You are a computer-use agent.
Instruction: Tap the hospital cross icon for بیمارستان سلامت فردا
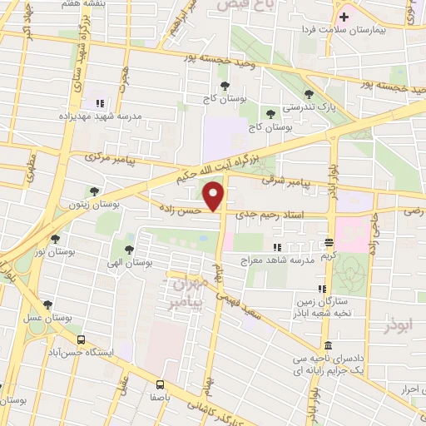(343, 17)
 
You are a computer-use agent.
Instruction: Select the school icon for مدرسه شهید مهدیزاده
(100, 103)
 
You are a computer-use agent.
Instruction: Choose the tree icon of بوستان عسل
(47, 305)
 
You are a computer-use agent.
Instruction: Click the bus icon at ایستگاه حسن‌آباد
(81, 339)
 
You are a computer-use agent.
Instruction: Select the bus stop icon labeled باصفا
(160, 384)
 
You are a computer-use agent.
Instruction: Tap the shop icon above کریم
(329, 243)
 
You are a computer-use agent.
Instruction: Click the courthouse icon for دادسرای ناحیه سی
(328, 345)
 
